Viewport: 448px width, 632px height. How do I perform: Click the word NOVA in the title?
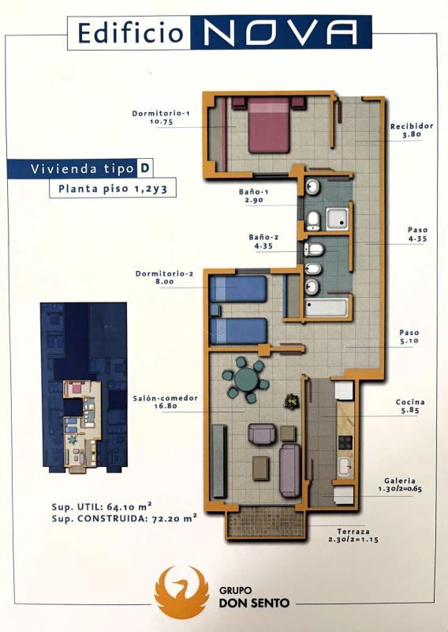click(282, 32)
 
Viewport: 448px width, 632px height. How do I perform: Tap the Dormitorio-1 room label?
click(161, 114)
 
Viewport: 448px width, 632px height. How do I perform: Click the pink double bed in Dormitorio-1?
click(268, 126)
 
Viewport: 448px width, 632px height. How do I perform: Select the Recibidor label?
click(412, 126)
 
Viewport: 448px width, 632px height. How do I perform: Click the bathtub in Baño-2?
click(326, 308)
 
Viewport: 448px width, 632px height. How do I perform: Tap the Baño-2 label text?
click(263, 238)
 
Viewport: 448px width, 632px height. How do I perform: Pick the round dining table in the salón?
click(246, 379)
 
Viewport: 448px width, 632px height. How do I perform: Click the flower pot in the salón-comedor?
click(292, 401)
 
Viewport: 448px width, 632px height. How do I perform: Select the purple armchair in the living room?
click(263, 434)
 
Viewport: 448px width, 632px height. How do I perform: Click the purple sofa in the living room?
click(289, 470)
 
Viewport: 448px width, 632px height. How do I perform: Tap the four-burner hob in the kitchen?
click(345, 443)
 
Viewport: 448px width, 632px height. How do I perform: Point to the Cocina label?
click(410, 402)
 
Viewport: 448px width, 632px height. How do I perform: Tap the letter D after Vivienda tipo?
click(144, 168)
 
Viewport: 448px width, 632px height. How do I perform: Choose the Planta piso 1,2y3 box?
click(113, 188)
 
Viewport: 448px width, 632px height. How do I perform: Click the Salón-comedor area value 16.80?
click(166, 406)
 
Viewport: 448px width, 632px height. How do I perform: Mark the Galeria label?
click(400, 481)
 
